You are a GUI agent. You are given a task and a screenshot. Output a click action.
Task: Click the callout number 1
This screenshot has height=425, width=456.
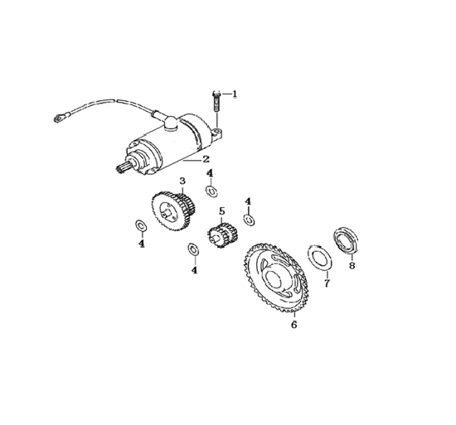[x=235, y=94]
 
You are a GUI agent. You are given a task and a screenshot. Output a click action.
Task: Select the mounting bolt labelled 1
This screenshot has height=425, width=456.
[x=216, y=102]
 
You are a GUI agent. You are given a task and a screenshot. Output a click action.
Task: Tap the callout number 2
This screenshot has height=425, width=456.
[x=206, y=159]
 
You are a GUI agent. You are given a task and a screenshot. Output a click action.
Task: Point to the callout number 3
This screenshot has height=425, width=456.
[x=182, y=181]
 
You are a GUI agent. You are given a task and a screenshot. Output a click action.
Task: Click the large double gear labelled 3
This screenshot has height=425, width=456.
[x=173, y=211]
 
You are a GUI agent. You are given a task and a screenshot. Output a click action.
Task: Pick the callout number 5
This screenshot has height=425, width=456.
[x=222, y=211]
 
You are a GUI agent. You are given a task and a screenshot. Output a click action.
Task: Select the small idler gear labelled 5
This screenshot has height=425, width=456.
[x=222, y=235]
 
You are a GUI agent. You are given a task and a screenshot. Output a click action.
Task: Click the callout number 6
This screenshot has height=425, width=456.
[x=294, y=325]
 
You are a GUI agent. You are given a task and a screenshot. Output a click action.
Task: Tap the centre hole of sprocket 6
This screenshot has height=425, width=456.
[x=273, y=279]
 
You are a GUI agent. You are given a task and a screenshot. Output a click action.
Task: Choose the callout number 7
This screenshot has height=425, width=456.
[x=327, y=283]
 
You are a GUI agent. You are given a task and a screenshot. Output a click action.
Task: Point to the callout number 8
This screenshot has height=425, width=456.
[x=352, y=265]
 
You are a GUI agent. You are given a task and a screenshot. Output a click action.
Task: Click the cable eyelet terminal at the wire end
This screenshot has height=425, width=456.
[x=59, y=118]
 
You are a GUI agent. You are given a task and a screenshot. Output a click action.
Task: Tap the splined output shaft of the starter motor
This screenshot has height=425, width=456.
[x=121, y=168]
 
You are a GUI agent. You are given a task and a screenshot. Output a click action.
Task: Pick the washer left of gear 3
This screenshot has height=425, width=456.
[x=140, y=225]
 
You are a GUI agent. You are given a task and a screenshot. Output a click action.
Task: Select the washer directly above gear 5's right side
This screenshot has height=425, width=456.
[x=249, y=220]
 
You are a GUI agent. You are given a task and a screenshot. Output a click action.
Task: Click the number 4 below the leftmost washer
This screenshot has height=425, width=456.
[x=142, y=244]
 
